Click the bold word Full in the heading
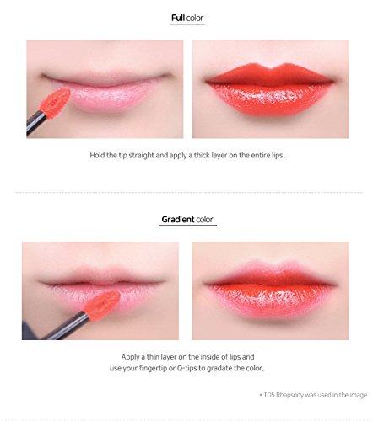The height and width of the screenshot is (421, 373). [x=176, y=18]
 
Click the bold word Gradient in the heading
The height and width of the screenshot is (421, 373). [x=176, y=220]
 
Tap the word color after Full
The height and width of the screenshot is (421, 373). [x=196, y=18]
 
